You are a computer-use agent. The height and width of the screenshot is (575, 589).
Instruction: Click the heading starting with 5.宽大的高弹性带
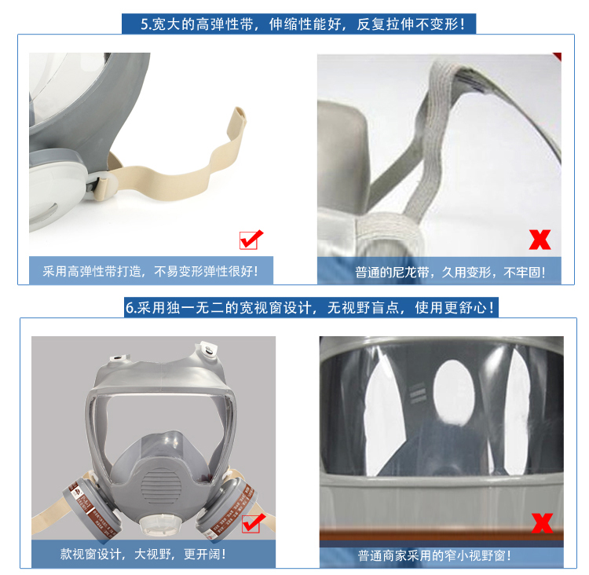tap(302, 24)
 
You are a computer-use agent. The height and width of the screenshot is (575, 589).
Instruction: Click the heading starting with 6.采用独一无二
tap(310, 308)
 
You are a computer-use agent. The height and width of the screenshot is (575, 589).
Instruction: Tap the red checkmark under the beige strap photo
tap(251, 240)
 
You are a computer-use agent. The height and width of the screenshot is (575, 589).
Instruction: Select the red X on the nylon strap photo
tap(540, 240)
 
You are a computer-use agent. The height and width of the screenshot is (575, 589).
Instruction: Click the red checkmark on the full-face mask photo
tap(253, 522)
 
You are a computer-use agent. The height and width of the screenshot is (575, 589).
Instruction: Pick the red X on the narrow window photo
tap(542, 522)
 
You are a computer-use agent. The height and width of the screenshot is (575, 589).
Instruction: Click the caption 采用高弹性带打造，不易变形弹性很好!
tap(150, 271)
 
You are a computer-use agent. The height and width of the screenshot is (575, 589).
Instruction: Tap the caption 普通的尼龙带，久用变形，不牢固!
tap(450, 272)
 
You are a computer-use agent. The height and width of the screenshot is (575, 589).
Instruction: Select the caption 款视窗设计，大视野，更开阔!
tap(143, 554)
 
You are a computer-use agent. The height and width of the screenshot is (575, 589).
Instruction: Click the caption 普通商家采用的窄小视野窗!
tap(434, 555)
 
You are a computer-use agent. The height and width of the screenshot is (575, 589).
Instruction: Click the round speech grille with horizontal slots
tap(161, 488)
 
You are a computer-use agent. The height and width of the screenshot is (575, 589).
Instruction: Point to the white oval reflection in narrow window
tap(453, 392)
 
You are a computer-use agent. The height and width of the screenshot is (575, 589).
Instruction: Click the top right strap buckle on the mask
tap(206, 350)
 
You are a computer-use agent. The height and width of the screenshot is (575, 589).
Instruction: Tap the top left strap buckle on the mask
tap(120, 357)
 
